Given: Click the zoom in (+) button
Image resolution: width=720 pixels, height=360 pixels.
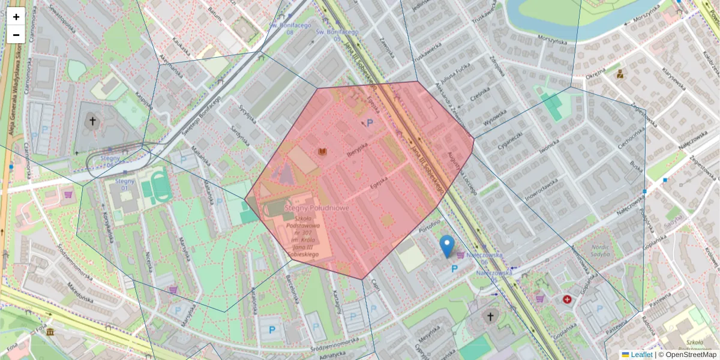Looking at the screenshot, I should [x=16, y=17].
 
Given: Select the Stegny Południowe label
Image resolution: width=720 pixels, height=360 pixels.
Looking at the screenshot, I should [x=317, y=208].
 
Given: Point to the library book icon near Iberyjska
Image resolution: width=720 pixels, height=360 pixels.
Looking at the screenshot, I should [x=323, y=152].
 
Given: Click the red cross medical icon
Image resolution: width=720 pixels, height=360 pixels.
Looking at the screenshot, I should [x=567, y=299].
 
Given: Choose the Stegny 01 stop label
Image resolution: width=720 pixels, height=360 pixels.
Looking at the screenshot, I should [x=125, y=184].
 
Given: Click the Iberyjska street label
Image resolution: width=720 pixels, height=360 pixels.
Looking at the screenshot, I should [x=357, y=148].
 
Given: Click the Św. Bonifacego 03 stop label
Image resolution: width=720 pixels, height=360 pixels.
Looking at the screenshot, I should [x=337, y=35].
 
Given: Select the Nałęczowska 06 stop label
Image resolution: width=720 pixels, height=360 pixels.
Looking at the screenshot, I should [x=485, y=259].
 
